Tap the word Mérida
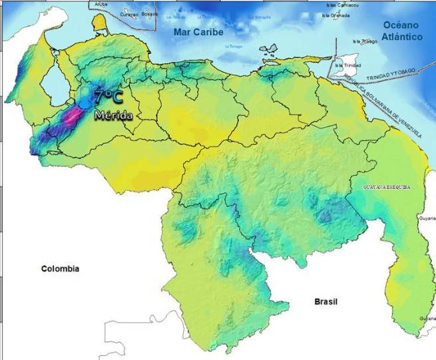point(113,115)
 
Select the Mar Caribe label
point(198,32)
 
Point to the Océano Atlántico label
point(403,31)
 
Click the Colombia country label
point(60,269)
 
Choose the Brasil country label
point(326,302)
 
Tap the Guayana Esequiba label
point(386,188)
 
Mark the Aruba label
point(101,4)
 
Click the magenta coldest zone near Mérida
point(69,118)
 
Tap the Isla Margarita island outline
point(268,50)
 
